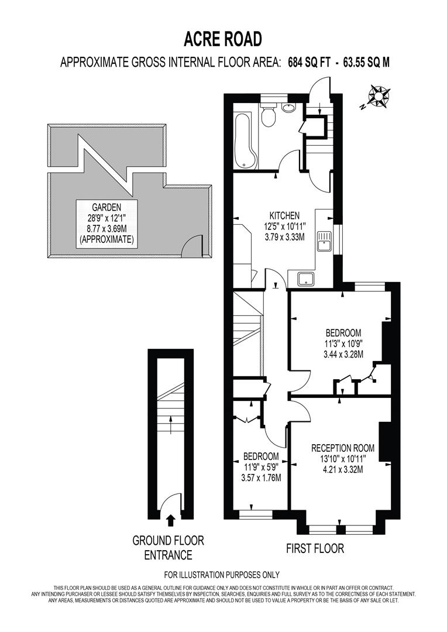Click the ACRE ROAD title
point(223,39)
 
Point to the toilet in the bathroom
point(269,116)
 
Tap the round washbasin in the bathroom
point(289,108)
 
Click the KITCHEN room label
point(284,215)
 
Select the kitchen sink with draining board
point(324,240)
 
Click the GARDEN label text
point(106,207)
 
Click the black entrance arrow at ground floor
point(170,520)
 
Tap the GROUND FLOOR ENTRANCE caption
point(169,547)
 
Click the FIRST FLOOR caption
point(315,548)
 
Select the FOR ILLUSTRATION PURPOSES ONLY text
point(222,575)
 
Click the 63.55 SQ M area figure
point(363,63)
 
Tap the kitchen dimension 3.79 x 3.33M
point(284,236)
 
